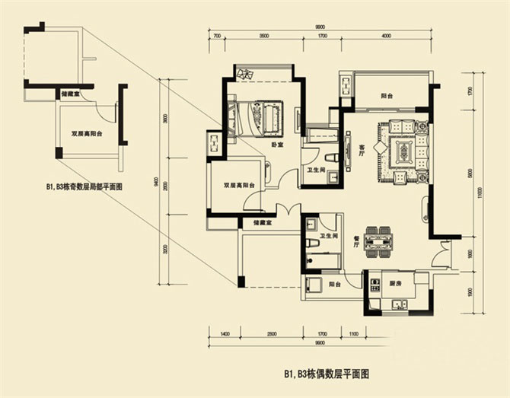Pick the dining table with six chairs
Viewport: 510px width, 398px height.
378,240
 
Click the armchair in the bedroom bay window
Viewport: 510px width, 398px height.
247,74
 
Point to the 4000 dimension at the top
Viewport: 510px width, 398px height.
386,36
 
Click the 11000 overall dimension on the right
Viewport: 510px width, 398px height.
480,195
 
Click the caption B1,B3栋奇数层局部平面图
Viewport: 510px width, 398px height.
84,185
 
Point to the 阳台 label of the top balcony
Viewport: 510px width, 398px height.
387,96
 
